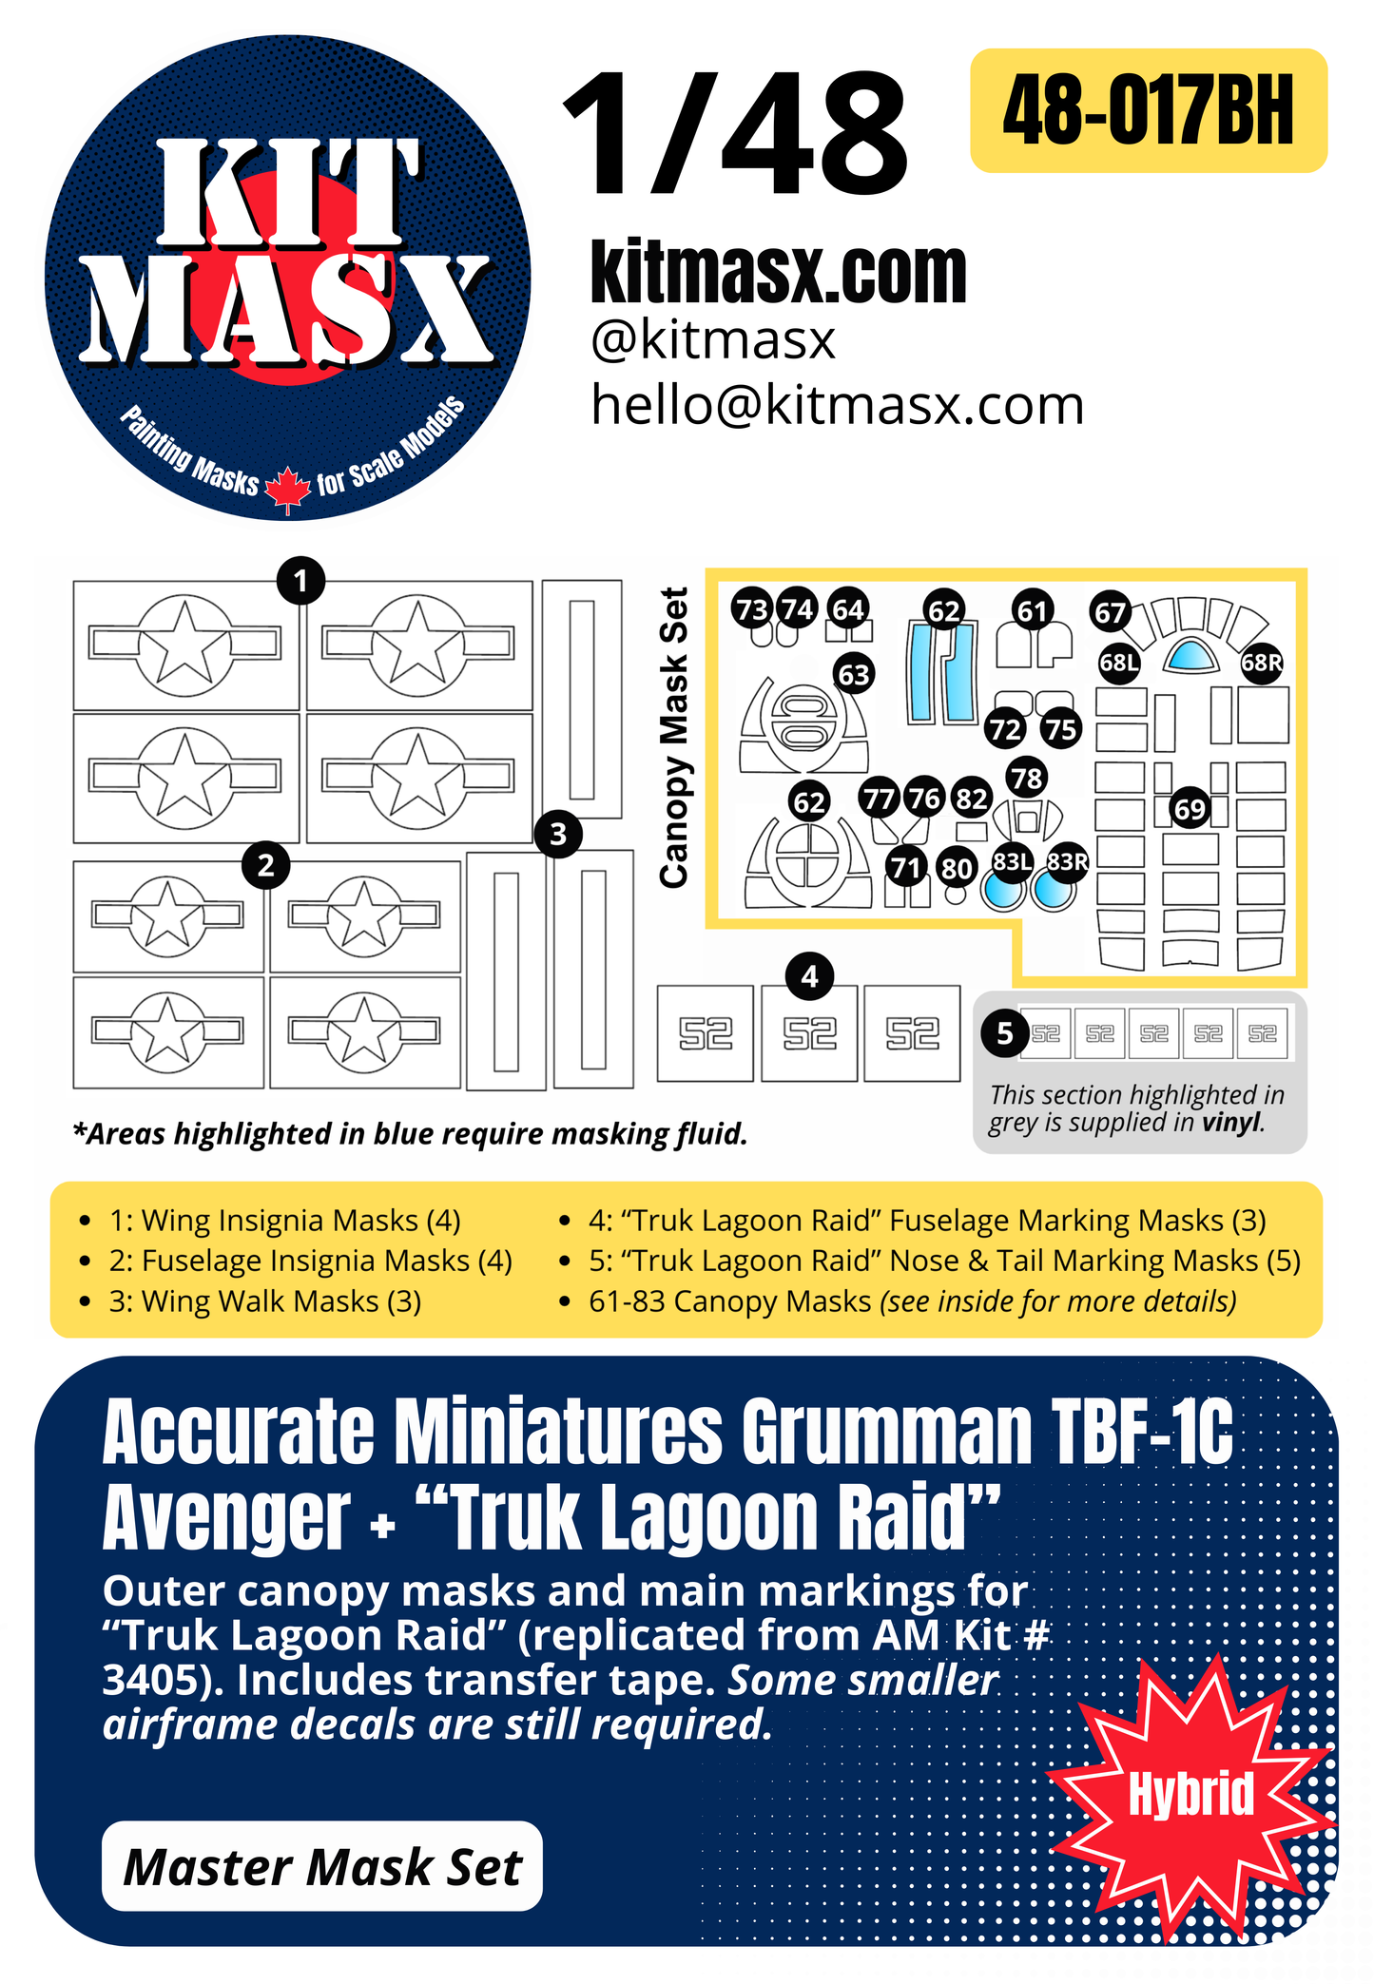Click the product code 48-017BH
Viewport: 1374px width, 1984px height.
tap(1148, 111)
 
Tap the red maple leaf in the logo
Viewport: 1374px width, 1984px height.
tap(287, 490)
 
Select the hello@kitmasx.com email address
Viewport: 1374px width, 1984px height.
tap(837, 406)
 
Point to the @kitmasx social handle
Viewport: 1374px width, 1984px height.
tap(713, 340)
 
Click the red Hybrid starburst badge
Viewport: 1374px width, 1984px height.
tap(1190, 1794)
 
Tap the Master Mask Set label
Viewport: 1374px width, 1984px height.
tap(322, 1867)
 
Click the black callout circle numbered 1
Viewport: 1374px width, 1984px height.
tap(300, 580)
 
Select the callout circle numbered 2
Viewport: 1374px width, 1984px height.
tap(266, 865)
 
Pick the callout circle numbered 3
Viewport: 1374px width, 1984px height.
tap(558, 835)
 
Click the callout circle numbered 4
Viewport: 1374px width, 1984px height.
tap(809, 976)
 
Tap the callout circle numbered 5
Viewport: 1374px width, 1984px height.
tap(1005, 1033)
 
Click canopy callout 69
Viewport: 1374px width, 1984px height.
tap(1190, 810)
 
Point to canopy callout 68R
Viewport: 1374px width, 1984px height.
tap(1262, 663)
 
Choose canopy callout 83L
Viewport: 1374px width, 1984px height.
tap(1012, 861)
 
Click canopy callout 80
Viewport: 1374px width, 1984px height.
tap(957, 868)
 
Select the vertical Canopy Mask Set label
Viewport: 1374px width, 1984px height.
tap(674, 738)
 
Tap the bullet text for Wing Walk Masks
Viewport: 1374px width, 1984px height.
tap(265, 1301)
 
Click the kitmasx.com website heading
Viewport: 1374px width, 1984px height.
tap(778, 273)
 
